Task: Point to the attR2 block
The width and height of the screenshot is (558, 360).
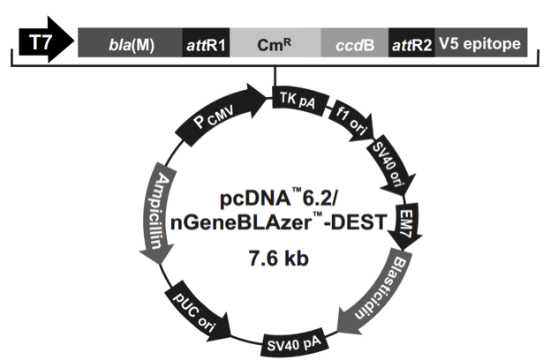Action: [x=411, y=43]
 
